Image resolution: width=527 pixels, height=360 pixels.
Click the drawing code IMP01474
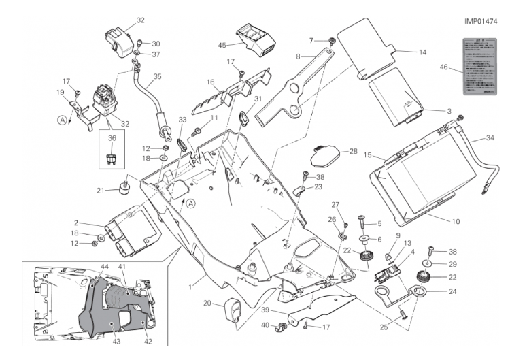pyautogui.click(x=481, y=21)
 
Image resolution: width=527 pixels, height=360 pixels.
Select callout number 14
pyautogui.click(x=422, y=52)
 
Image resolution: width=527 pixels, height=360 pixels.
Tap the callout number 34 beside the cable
pyautogui.click(x=491, y=138)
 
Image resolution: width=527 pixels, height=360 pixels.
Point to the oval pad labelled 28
pyautogui.click(x=327, y=158)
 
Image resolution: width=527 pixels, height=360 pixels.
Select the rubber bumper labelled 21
pyautogui.click(x=125, y=187)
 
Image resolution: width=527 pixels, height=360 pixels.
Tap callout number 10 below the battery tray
pyautogui.click(x=456, y=221)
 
